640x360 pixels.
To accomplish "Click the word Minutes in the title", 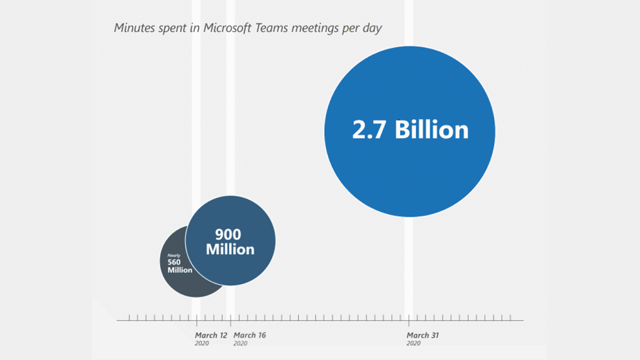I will click(x=134, y=28).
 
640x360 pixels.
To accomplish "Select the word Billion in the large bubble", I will click(x=432, y=129).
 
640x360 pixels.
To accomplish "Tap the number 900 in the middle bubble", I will click(x=227, y=234).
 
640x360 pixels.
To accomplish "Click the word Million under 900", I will click(x=230, y=249).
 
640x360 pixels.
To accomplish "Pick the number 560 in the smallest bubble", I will click(x=174, y=262).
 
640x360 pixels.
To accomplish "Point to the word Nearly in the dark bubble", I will click(x=173, y=255).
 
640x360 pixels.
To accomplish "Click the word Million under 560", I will click(x=179, y=270).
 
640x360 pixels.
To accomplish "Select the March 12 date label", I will click(x=211, y=335).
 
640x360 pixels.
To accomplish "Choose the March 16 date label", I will click(x=250, y=335).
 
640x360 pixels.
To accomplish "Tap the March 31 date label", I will click(x=423, y=335).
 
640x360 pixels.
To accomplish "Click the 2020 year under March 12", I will click(x=202, y=343).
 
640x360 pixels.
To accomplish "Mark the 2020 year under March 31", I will click(x=413, y=343).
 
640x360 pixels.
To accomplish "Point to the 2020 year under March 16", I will click(x=241, y=343).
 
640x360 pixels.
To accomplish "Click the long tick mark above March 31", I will click(x=408, y=320).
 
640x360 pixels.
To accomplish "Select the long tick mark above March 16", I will click(x=231, y=320).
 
